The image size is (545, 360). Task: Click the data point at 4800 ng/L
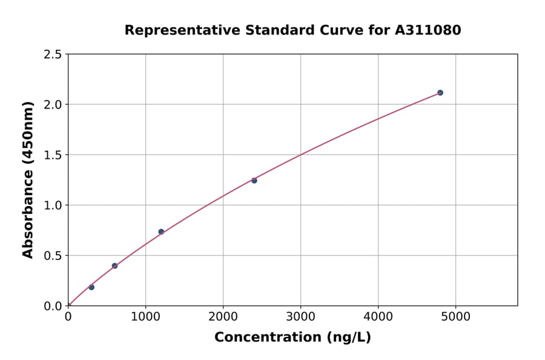click(x=440, y=93)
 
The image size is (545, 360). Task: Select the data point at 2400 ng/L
click(x=254, y=181)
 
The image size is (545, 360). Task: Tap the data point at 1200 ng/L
click(x=161, y=232)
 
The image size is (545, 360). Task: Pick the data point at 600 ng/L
click(x=114, y=265)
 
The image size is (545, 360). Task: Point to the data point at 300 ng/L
click(x=91, y=287)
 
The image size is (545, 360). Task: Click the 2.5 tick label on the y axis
click(x=53, y=55)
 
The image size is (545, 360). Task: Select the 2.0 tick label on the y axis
click(x=53, y=105)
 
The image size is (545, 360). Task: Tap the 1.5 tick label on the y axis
click(x=53, y=155)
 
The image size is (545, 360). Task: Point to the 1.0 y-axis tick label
click(x=53, y=205)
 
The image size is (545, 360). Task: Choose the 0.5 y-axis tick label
click(x=53, y=256)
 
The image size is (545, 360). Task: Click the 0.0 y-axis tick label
click(x=53, y=306)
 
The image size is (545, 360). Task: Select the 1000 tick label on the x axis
click(x=145, y=316)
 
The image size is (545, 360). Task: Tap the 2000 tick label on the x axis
click(x=223, y=316)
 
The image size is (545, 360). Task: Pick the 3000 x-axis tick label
click(x=301, y=316)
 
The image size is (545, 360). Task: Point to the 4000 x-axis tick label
click(x=378, y=316)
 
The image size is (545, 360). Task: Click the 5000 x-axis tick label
click(x=456, y=316)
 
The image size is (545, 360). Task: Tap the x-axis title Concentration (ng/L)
click(x=292, y=338)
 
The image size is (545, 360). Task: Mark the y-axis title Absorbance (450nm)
click(x=28, y=180)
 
